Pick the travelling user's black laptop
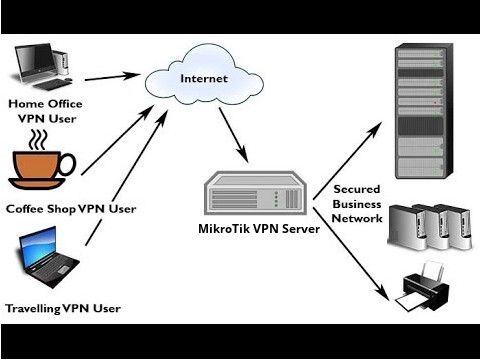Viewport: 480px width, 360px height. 44,256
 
